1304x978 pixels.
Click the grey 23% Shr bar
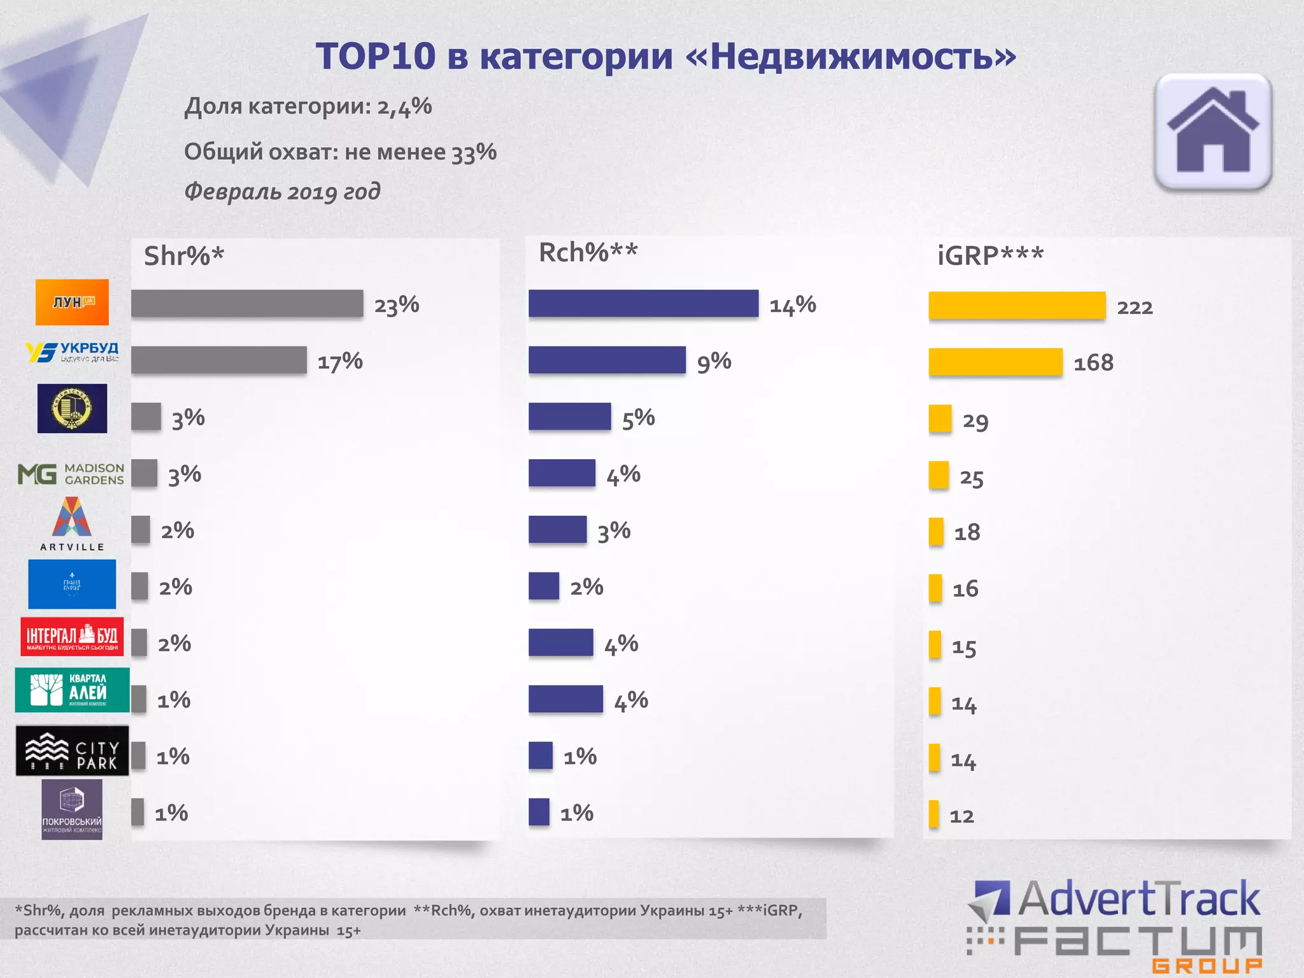(247, 303)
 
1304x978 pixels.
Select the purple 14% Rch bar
(643, 303)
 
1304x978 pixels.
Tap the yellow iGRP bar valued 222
(1017, 306)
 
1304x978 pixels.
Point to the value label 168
(1093, 363)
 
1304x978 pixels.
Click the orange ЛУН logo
(72, 302)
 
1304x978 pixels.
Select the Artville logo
(71, 523)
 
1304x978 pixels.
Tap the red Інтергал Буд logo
(72, 636)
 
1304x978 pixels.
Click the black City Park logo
(72, 751)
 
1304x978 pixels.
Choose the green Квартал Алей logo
(72, 690)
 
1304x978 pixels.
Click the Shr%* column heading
(184, 256)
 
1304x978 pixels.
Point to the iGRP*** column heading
(990, 256)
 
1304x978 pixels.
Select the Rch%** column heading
(588, 253)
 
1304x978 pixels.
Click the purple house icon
(1213, 132)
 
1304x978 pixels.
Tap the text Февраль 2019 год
(282, 191)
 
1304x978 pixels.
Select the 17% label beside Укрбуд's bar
(340, 362)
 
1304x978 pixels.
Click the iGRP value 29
(975, 421)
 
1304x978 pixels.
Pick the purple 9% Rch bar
(607, 360)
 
